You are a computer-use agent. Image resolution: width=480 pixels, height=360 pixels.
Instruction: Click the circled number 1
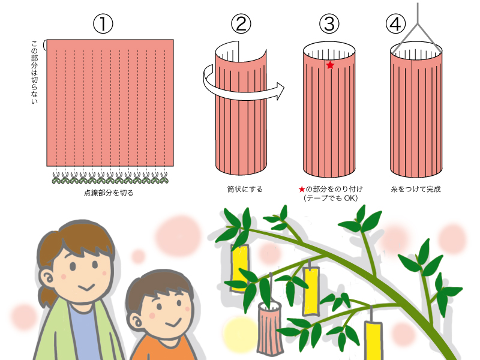[103, 24]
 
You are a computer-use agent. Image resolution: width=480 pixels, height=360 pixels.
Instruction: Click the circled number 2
[241, 24]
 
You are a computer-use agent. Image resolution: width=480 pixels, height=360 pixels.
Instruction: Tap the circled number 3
[329, 24]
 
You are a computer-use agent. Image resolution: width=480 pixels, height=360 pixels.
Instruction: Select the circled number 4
[395, 24]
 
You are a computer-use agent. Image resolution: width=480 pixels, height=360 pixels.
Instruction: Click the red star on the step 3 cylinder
[330, 65]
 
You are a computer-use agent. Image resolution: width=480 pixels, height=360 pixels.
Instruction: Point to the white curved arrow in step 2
[242, 95]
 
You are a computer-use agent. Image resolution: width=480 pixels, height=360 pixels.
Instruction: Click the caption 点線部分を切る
[109, 193]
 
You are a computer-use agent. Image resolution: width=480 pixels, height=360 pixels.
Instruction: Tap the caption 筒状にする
[245, 189]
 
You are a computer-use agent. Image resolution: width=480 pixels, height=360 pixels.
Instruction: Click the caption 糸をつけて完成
[416, 189]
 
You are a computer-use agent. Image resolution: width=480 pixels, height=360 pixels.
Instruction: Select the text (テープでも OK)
[331, 198]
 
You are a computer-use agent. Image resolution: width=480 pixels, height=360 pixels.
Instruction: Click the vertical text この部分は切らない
[34, 72]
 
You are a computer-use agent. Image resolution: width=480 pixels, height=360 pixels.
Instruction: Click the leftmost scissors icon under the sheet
[56, 178]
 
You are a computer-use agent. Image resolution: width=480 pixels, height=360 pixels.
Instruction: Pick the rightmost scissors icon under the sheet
[164, 178]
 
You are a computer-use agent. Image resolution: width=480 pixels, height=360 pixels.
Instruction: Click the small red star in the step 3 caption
[302, 189]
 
